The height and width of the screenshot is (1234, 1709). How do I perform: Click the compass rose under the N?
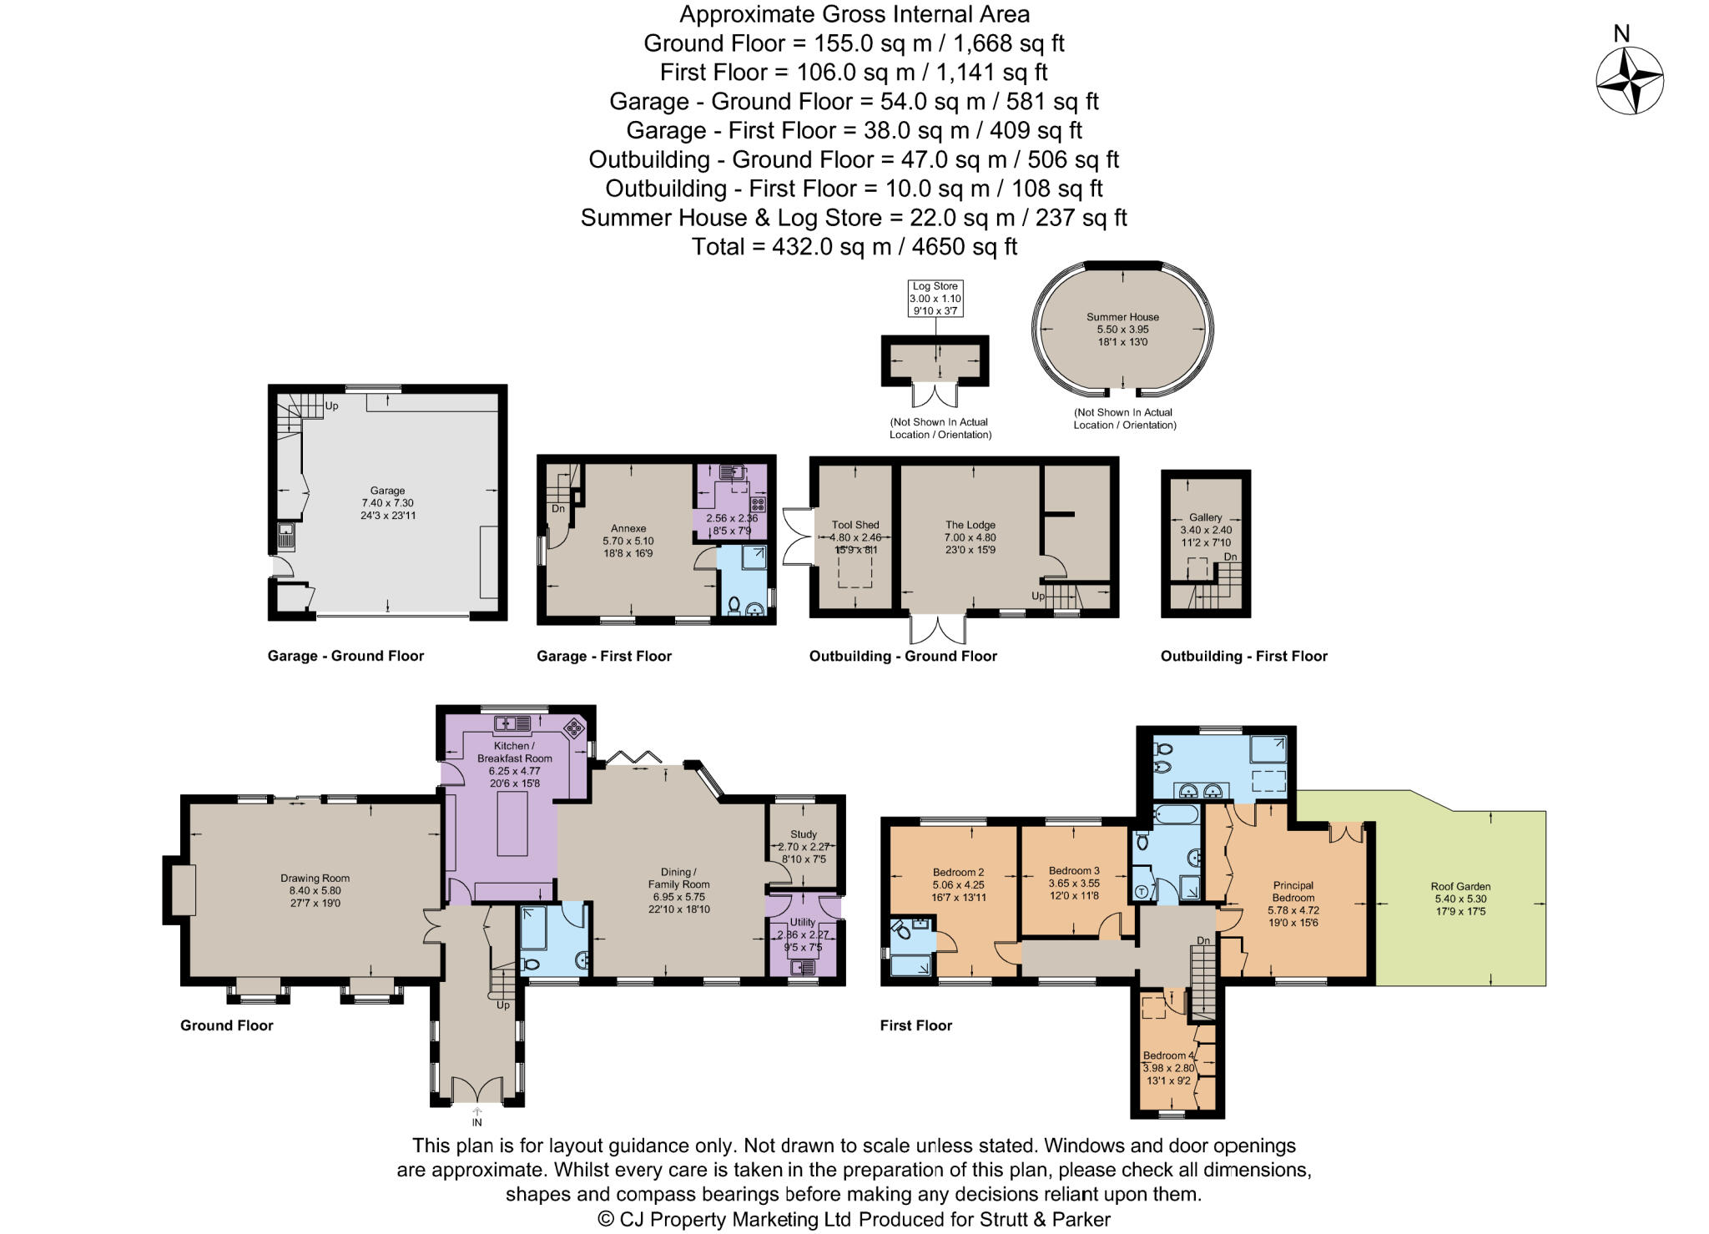point(1629,81)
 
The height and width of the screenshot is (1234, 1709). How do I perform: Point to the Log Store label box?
point(935,299)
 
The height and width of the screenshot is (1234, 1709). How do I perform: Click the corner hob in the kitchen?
point(575,728)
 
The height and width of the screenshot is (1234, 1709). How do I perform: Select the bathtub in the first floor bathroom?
point(1176,813)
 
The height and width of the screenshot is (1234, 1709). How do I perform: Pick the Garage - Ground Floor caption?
point(345,656)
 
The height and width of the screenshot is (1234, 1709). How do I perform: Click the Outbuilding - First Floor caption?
point(1243,656)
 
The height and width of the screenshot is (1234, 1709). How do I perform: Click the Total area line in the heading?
point(854,247)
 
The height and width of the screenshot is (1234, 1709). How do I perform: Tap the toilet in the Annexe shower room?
point(734,605)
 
